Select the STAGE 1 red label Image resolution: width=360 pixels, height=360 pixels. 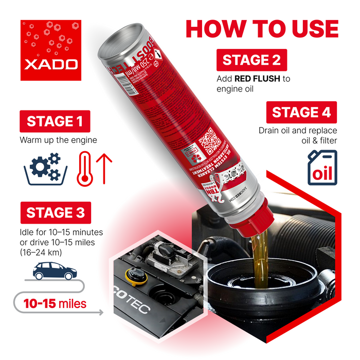tap(55, 121)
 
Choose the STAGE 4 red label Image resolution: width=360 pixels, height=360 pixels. tap(301, 112)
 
